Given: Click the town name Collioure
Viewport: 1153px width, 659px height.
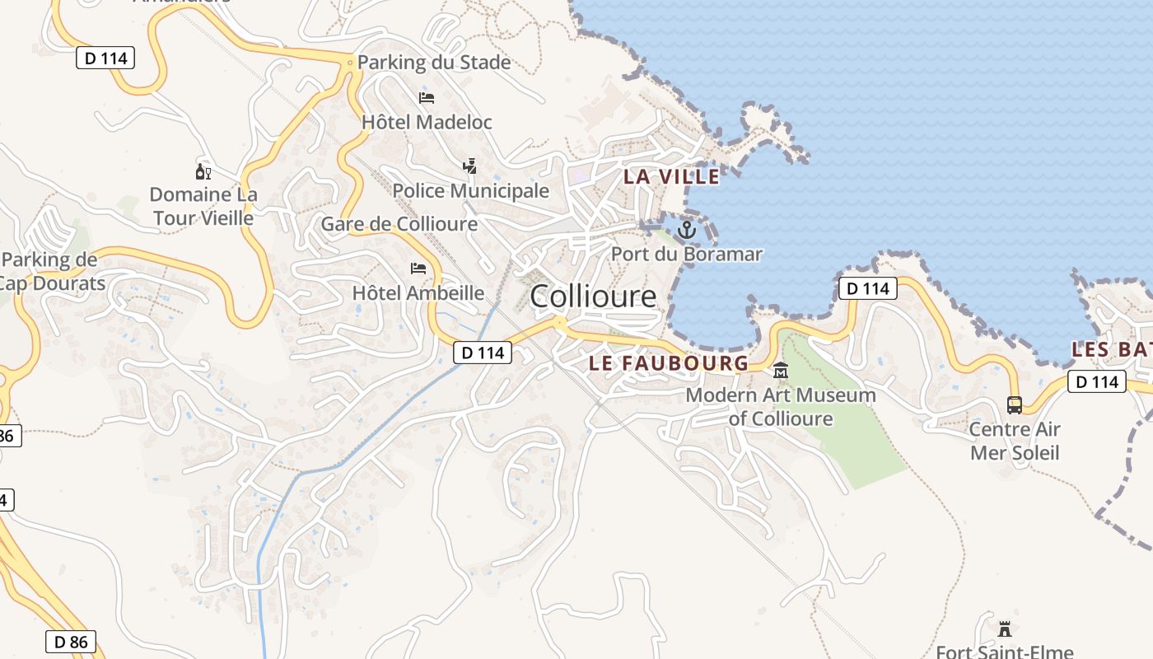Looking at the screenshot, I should click(x=593, y=297).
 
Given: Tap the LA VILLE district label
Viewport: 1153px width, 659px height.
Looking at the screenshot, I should click(x=671, y=176).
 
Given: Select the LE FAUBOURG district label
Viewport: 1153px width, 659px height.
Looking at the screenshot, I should click(x=669, y=362).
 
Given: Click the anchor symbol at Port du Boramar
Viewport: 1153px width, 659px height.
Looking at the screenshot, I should click(x=686, y=230).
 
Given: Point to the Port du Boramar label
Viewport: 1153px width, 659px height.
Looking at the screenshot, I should click(x=686, y=254).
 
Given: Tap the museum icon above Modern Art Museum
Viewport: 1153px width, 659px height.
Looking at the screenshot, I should click(x=781, y=371).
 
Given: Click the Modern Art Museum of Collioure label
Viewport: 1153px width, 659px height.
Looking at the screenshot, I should click(x=781, y=407).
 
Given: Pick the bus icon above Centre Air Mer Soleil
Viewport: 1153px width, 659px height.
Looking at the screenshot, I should click(x=1015, y=405).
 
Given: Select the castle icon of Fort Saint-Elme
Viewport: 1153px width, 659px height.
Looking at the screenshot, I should click(x=1005, y=629).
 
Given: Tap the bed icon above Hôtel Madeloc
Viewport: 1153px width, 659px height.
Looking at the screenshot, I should click(x=427, y=98).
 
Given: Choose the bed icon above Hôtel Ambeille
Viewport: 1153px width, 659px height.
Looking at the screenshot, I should click(x=418, y=269).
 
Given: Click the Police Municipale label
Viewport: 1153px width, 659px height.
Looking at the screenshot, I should click(x=470, y=191).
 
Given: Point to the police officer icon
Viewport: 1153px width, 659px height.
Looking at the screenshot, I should click(x=469, y=167).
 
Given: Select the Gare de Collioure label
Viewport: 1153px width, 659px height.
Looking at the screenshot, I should click(x=399, y=224).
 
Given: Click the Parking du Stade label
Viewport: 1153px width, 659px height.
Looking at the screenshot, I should click(x=434, y=63).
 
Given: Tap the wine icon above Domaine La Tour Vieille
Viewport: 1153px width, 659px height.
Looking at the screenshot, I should click(x=203, y=171).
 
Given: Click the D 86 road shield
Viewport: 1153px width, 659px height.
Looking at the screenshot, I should click(x=70, y=642).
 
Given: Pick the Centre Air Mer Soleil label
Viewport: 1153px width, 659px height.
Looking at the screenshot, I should click(x=1015, y=441).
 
